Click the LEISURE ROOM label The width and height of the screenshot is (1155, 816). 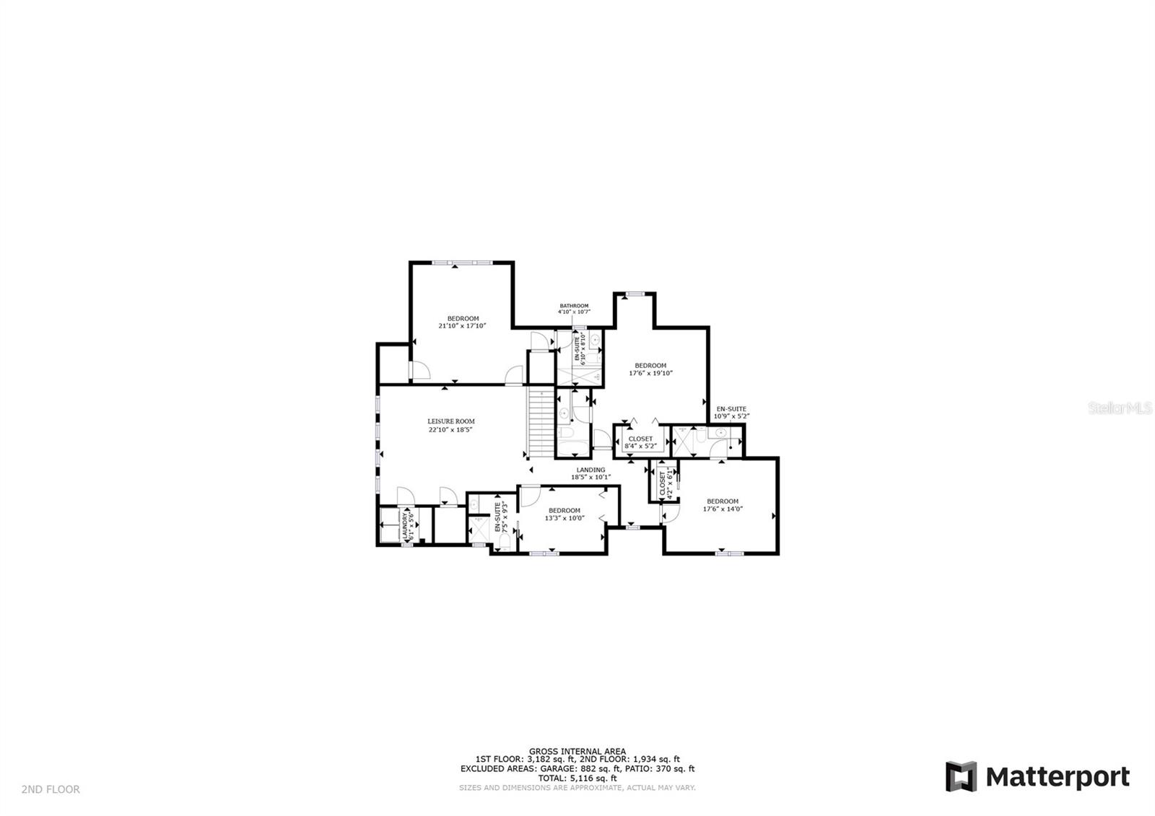coord(450,421)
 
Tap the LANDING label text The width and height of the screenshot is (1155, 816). coord(590,470)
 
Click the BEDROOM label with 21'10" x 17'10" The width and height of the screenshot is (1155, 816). coord(463,319)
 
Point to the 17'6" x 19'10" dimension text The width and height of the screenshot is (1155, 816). coord(650,374)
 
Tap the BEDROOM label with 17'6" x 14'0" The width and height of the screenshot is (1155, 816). coord(722,501)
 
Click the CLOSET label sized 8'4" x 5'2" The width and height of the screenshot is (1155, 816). coord(640,439)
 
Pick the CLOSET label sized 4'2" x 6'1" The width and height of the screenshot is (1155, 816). coord(663,483)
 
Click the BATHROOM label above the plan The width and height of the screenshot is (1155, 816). coord(574,306)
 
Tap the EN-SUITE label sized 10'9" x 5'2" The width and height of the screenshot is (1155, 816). coord(731,409)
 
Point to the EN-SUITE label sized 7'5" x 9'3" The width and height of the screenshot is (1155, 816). coord(497,517)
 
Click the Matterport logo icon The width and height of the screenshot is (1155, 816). coord(961,776)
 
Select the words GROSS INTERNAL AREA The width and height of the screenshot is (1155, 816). coord(577,751)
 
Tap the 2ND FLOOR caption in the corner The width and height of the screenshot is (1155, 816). coord(51,790)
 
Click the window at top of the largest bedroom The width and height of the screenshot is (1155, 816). coord(463,262)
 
